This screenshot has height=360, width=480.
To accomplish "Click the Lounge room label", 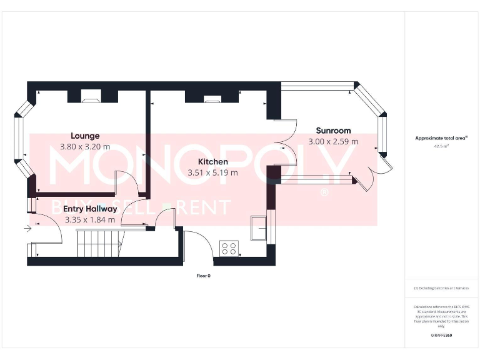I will pyautogui.click(x=85, y=136).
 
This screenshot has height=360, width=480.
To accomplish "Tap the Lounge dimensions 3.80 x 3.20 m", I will pyautogui.click(x=85, y=146).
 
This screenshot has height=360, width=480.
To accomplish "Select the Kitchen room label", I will pyautogui.click(x=212, y=162).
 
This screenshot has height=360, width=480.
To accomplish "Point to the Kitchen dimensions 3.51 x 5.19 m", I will pyautogui.click(x=212, y=172).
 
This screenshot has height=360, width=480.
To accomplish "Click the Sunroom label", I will pyautogui.click(x=333, y=131).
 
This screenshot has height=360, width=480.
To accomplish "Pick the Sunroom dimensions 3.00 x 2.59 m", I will pyautogui.click(x=333, y=141).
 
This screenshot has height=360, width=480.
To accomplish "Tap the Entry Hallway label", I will pyautogui.click(x=90, y=209).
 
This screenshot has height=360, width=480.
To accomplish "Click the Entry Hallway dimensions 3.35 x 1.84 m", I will pyautogui.click(x=90, y=219).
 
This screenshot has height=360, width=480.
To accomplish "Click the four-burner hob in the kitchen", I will pyautogui.click(x=229, y=248).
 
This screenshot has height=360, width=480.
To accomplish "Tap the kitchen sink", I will pyautogui.click(x=258, y=227).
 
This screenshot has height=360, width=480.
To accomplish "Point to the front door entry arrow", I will pyautogui.click(x=27, y=229).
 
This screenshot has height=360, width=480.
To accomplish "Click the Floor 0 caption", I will pyautogui.click(x=204, y=275).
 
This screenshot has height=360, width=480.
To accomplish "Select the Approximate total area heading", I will pyautogui.click(x=441, y=138).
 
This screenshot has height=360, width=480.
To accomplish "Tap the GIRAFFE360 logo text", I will pyautogui.click(x=441, y=336).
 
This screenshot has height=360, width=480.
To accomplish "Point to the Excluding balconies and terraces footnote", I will pyautogui.click(x=441, y=288).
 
